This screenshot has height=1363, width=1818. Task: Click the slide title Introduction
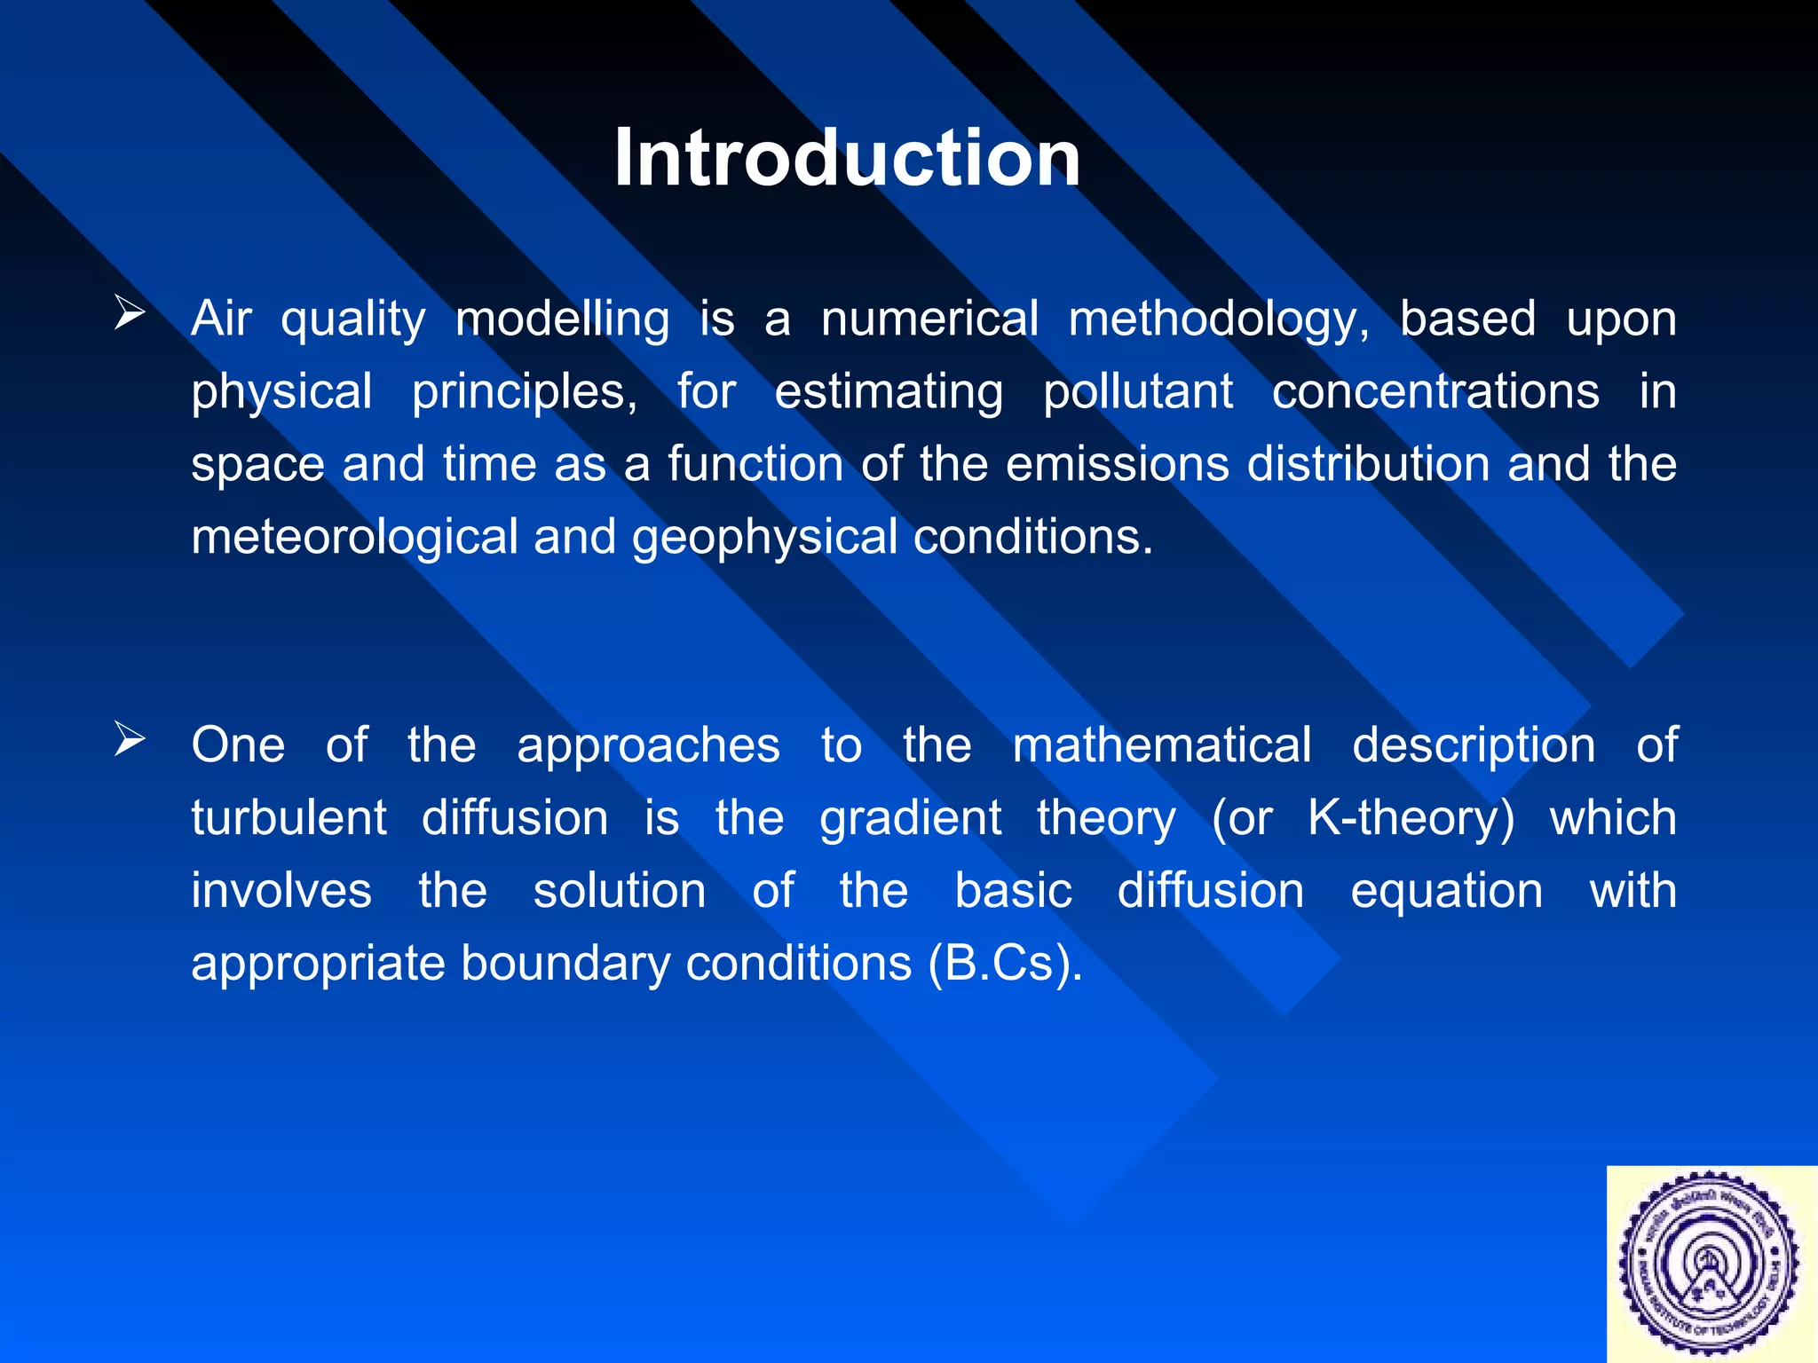(x=847, y=158)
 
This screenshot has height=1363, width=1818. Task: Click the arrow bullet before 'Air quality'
(x=130, y=314)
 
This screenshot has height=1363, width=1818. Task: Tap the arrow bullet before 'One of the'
(x=130, y=739)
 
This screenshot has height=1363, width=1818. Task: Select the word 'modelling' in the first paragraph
(x=562, y=319)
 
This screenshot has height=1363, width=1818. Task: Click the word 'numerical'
(x=929, y=319)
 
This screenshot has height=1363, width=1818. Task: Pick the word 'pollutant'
(x=1138, y=392)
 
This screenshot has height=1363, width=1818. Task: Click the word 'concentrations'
(x=1435, y=392)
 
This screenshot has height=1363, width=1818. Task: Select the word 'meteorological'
(x=354, y=538)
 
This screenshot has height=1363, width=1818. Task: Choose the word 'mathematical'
(x=1161, y=745)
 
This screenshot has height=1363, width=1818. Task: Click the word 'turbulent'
(x=289, y=818)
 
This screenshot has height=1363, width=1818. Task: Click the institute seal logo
(x=1711, y=1264)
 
